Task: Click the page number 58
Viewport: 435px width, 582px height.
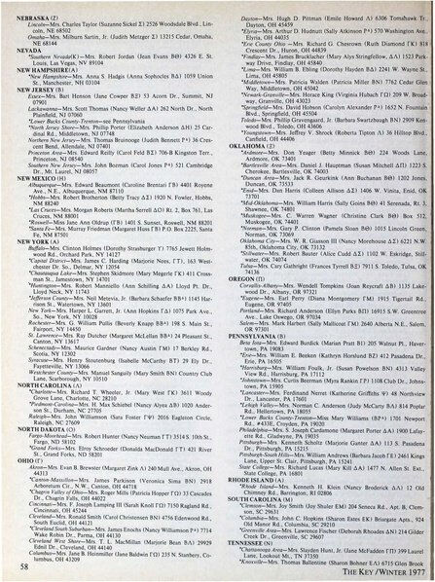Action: pos(21,569)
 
